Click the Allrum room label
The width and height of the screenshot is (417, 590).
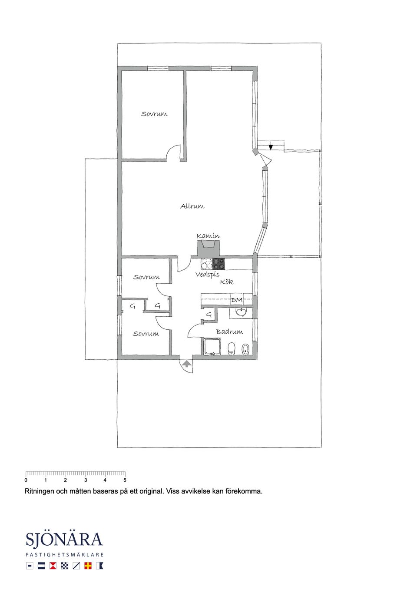(192, 206)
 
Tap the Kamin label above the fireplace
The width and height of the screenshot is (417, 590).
(208, 236)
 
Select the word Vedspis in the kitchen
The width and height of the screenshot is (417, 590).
(208, 275)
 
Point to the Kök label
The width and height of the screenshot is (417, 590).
(227, 282)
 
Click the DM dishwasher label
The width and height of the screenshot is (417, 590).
(237, 300)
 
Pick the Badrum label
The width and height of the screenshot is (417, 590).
(229, 331)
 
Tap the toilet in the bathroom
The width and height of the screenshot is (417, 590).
(232, 349)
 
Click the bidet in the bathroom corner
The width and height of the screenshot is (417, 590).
(245, 349)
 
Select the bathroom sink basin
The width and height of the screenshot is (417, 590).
(241, 312)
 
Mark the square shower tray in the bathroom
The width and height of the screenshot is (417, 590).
(211, 347)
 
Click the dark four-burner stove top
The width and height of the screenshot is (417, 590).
(219, 264)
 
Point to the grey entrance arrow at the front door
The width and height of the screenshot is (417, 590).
(187, 364)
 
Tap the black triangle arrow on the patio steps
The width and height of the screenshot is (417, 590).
(271, 147)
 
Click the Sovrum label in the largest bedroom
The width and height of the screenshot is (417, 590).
(154, 114)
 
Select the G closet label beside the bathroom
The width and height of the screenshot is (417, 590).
(209, 314)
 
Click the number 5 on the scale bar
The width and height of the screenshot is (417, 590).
(125, 480)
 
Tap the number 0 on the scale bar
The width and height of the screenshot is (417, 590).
(26, 480)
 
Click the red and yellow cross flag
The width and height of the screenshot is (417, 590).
(88, 566)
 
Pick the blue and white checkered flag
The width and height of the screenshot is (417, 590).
(64, 566)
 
